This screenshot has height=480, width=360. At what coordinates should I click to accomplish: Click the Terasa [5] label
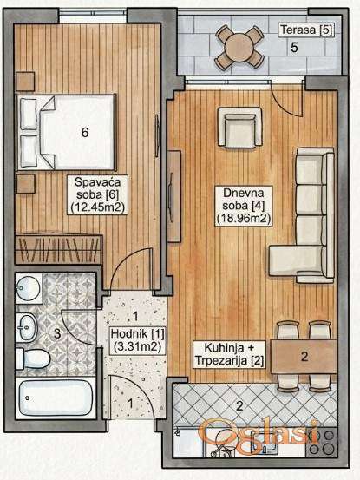pos(306,30)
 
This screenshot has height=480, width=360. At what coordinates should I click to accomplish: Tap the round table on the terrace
pos(239,47)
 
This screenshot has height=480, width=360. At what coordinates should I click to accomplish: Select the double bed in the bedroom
pos(67,132)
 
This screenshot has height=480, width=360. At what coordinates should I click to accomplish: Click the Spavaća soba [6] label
pos(97,194)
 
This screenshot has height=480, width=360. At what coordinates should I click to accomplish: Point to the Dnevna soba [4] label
pos(244,206)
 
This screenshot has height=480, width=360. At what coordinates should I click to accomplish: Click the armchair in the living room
pos(239,127)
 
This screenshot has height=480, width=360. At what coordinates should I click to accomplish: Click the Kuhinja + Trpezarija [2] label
pos(229,354)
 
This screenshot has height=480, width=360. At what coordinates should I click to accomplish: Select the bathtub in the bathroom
pos(56,398)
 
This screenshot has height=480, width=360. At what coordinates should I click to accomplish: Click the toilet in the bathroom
pos(33,358)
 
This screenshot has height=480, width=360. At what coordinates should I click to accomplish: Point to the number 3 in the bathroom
pos(57,333)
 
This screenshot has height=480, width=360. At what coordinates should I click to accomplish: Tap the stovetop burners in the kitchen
pos(322,442)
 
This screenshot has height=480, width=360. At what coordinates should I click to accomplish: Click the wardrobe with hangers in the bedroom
pos(58,248)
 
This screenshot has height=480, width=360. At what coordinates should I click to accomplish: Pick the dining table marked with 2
pos(304,357)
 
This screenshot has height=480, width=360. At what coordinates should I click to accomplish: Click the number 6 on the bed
pos(85,132)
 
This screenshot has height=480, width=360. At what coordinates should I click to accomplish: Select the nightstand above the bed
pos(25,82)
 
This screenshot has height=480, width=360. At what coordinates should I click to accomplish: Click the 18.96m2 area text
pos(244,219)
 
